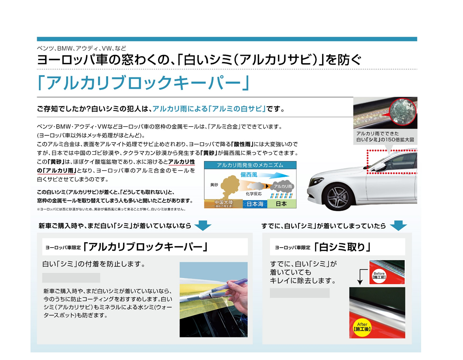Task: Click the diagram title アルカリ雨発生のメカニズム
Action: pos(250,165)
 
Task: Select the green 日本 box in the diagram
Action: pos(281,204)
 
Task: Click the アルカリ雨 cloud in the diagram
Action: pos(282,186)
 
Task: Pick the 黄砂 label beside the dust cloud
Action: pos(214,184)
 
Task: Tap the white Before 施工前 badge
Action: pos(379,275)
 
